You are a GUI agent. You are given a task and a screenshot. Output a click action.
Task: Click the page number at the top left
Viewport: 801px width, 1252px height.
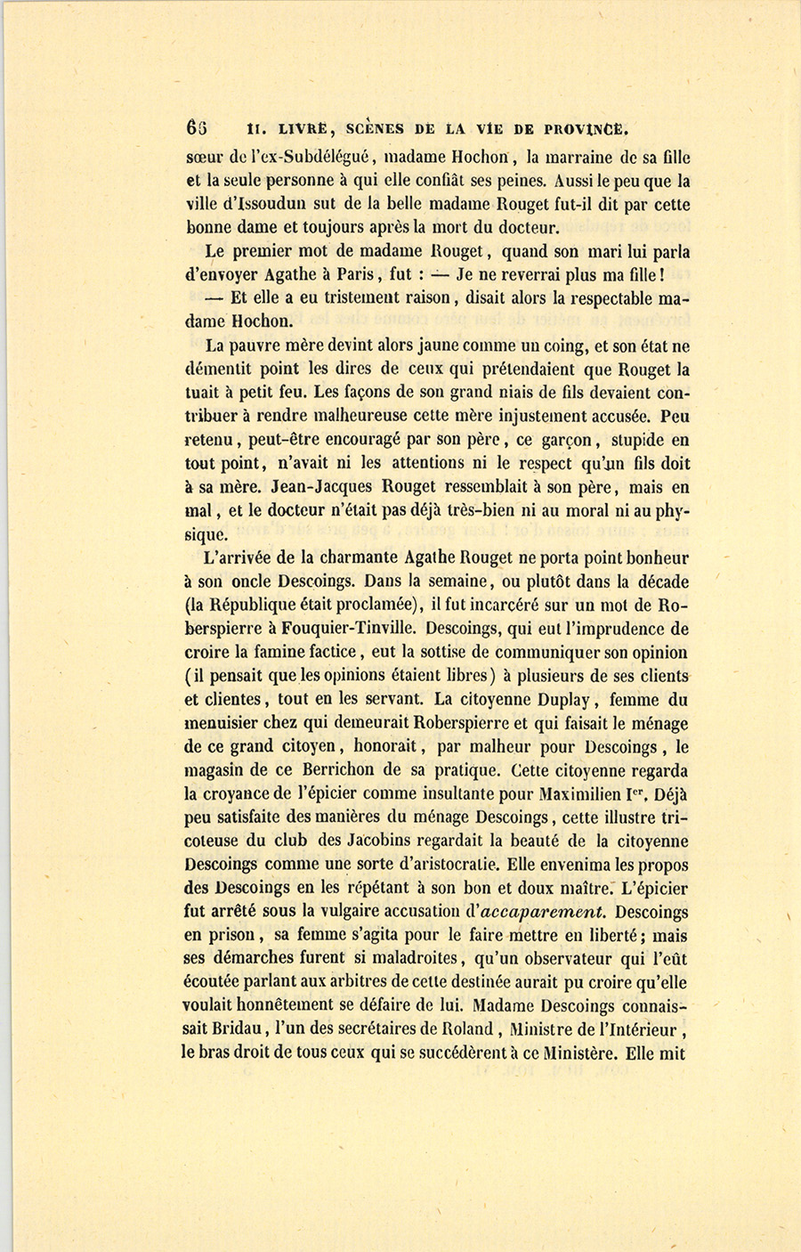coord(196,127)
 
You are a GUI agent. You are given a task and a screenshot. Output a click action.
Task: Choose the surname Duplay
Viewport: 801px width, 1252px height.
coord(584,700)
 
